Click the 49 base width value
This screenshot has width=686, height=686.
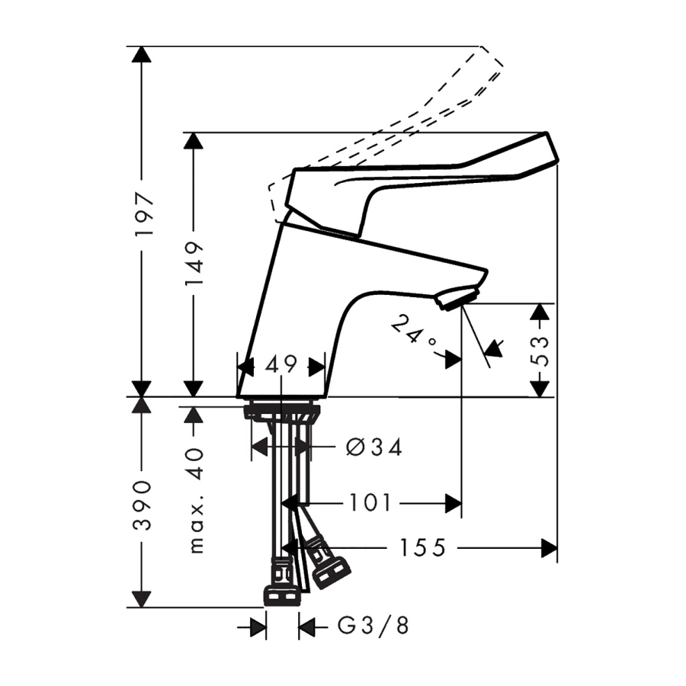point(280,366)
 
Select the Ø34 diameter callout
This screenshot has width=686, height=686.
point(373,447)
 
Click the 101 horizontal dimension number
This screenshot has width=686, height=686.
point(370,503)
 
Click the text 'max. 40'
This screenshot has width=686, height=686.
point(196,499)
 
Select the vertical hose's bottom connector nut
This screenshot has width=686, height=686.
point(281,594)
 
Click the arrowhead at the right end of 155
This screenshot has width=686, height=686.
point(549,547)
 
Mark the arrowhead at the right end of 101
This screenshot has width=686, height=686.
point(454,503)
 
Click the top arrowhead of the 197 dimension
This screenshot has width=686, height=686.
point(141,55)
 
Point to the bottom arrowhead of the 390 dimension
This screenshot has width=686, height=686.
point(141,598)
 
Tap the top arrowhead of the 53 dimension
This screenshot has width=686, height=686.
point(540,311)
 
